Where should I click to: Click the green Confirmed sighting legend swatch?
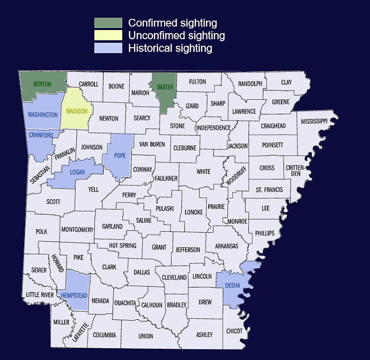click(x=108, y=23)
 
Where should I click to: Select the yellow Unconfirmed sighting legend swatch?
click(x=108, y=36)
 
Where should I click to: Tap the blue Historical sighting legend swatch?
click(x=108, y=48)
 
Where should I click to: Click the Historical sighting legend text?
click(x=170, y=48)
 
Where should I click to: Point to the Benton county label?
click(x=42, y=85)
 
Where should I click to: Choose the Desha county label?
click(x=233, y=285)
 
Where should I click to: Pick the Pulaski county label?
click(x=165, y=208)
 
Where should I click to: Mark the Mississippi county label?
click(x=314, y=122)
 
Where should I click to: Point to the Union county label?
click(x=145, y=336)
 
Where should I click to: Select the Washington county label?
click(x=43, y=115)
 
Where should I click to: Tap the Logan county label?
click(x=77, y=172)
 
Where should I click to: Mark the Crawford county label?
click(x=41, y=135)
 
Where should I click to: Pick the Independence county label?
click(x=213, y=128)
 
